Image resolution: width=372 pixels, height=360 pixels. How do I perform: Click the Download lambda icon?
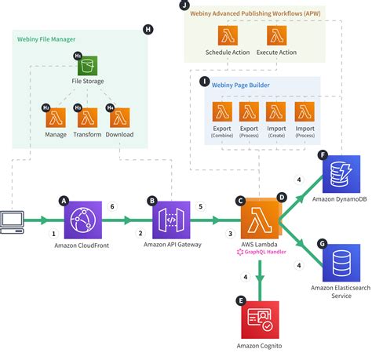coord(119,118)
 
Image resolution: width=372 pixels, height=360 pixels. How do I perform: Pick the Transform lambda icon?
coord(87,118)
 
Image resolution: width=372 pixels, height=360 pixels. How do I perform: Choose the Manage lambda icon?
coord(55,118)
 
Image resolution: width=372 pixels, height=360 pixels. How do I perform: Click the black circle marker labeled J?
coord(184,5)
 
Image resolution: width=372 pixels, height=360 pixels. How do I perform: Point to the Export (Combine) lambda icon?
coord(222,111)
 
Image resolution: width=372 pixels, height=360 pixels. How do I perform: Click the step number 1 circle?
coord(54,233)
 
